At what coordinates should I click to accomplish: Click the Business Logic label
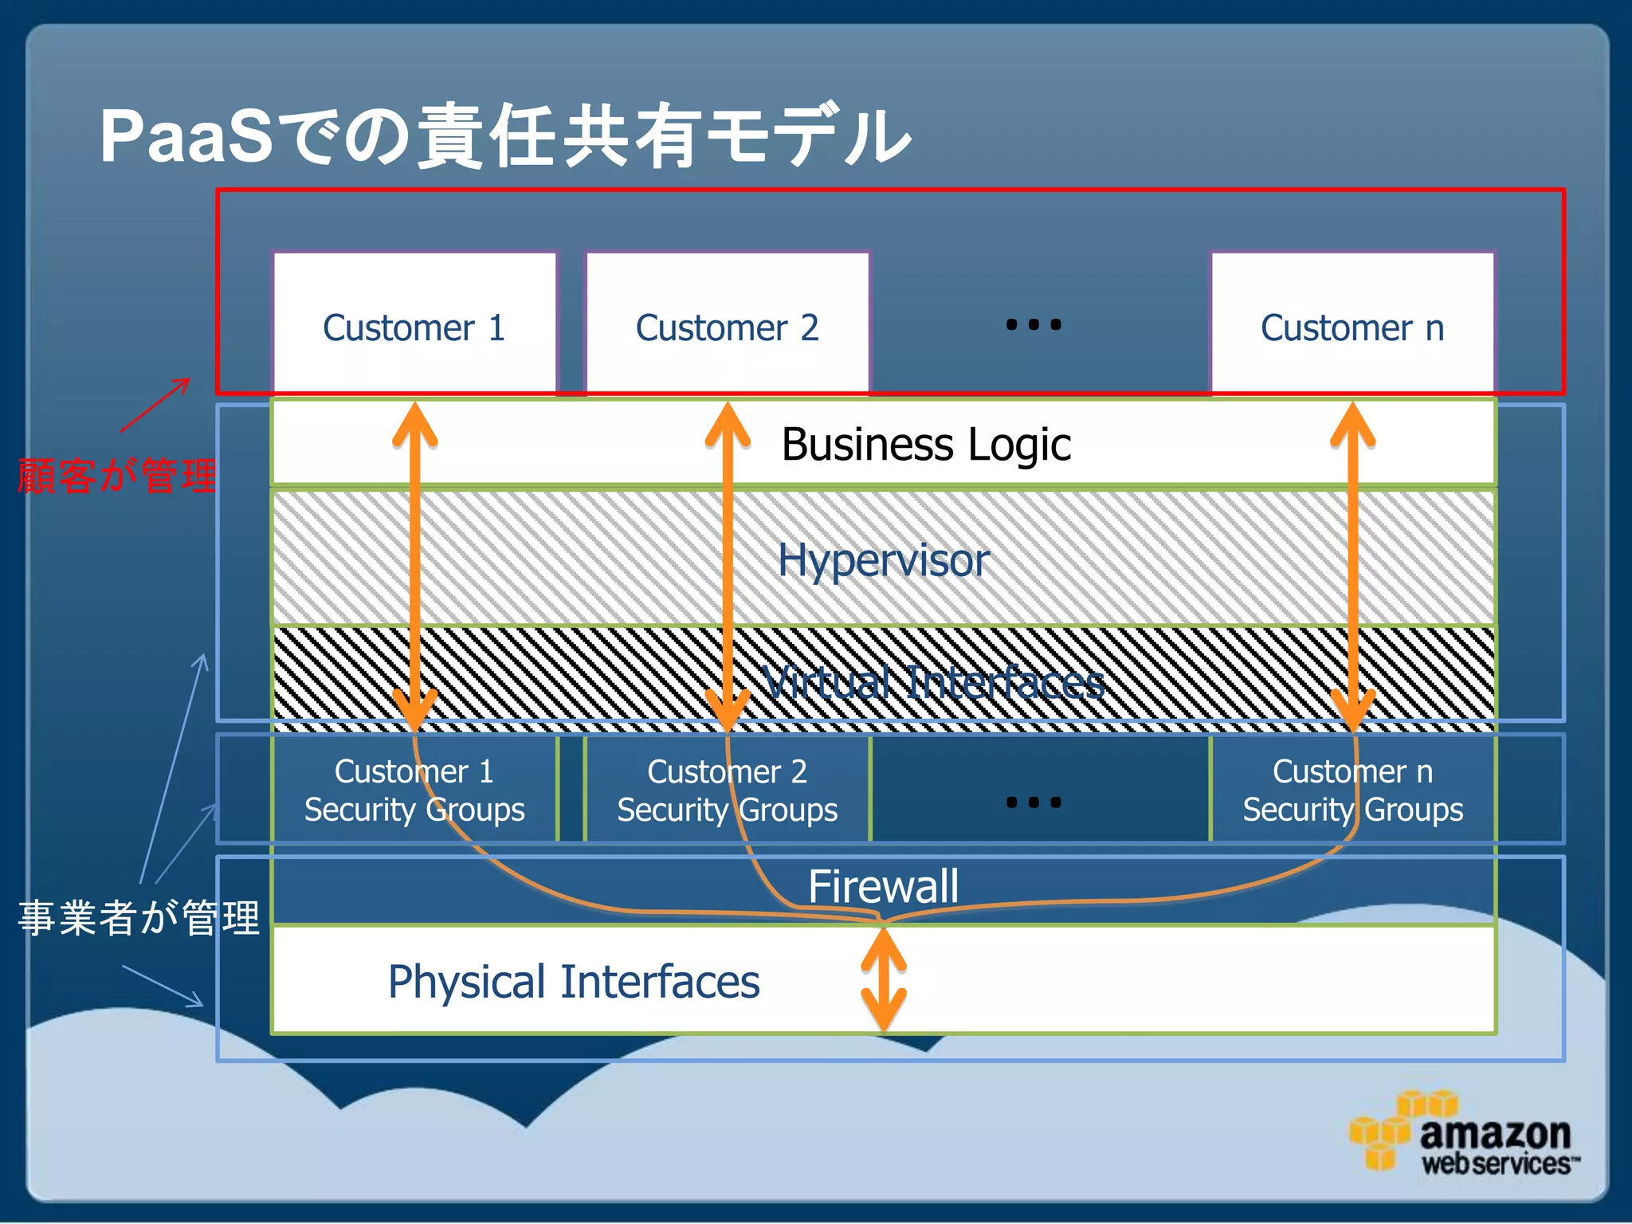[x=926, y=445]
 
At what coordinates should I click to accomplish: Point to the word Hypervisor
[x=883, y=560]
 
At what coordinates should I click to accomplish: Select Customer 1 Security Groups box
[x=414, y=790]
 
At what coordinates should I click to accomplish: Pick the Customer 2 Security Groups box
[x=727, y=790]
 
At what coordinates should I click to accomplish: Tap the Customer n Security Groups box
[x=1352, y=790]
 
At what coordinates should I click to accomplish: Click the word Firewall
[x=883, y=886]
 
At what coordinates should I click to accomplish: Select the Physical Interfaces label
[x=574, y=982]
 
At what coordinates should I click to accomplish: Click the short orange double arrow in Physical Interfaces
[x=884, y=980]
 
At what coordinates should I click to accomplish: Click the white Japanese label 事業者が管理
[x=139, y=917]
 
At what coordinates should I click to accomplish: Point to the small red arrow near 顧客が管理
[x=156, y=405]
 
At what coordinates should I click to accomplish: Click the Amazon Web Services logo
[x=1465, y=1135]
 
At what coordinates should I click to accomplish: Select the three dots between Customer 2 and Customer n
[x=1034, y=324]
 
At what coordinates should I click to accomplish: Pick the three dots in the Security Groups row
[x=1034, y=802]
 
